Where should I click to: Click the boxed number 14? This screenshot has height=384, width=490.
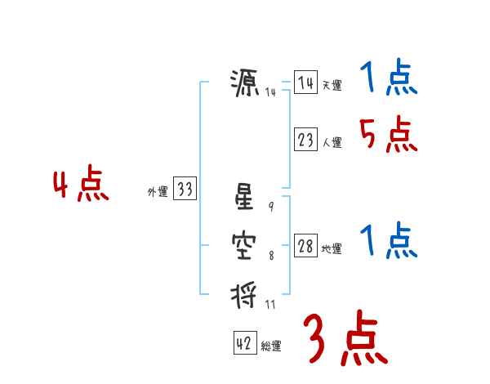[x=305, y=83]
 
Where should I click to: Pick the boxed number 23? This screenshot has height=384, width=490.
[x=305, y=140]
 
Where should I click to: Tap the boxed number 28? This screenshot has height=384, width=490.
[x=305, y=247]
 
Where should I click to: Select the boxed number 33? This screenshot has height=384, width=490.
[x=185, y=190]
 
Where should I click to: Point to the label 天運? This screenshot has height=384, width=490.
[x=332, y=85]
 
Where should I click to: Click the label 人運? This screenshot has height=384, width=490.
[x=332, y=142]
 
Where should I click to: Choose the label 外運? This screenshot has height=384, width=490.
[x=158, y=192]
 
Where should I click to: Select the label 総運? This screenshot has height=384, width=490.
[x=271, y=346]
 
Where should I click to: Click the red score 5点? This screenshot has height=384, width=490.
[x=388, y=134]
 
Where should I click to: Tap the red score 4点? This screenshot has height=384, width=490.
[x=81, y=185]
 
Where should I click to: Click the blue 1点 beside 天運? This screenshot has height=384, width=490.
[x=388, y=79]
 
